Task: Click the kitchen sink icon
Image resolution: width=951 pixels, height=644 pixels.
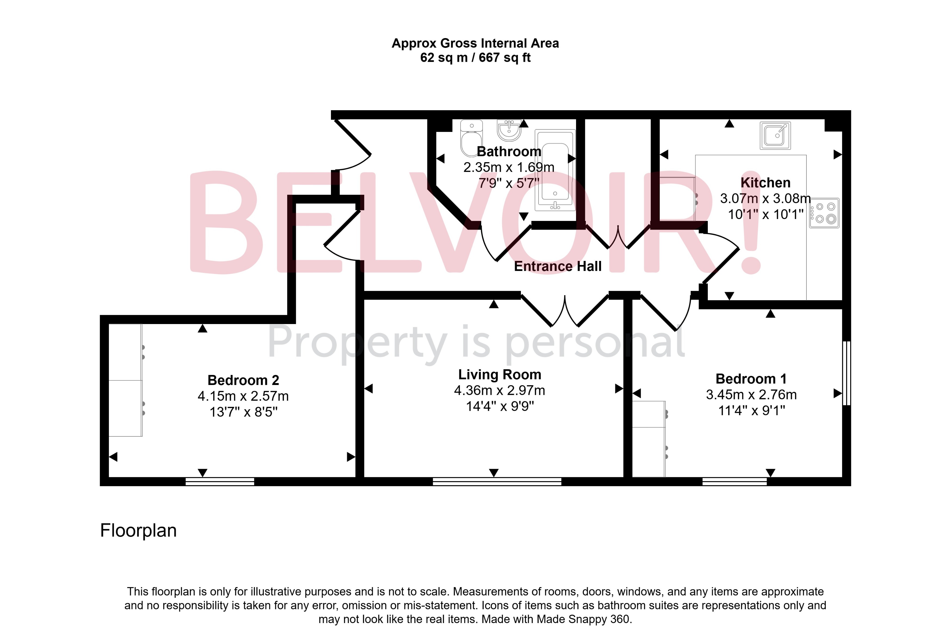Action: (775, 135)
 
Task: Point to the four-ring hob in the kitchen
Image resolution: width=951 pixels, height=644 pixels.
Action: (824, 213)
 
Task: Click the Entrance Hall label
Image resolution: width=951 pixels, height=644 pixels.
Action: (557, 266)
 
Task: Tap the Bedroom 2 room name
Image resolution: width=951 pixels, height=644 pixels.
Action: (243, 380)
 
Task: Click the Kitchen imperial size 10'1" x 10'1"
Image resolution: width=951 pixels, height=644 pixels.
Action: (765, 214)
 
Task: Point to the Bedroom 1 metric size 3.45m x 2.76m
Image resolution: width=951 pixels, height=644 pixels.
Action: (751, 395)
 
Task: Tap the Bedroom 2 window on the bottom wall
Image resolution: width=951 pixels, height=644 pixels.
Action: (220, 481)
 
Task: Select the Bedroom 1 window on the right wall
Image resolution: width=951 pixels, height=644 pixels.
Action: (846, 373)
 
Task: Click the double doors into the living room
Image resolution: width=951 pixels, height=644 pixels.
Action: (565, 311)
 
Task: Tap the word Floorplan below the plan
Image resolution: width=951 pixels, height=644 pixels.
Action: (138, 531)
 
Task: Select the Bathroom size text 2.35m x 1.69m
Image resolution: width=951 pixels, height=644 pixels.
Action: (509, 167)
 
